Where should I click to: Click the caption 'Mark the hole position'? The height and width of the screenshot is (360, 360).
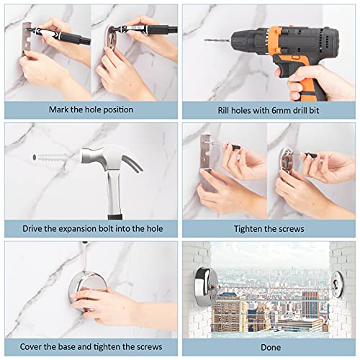pyautogui.click(x=91, y=110)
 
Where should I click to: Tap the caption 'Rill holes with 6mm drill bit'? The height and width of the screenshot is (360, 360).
pyautogui.click(x=269, y=110)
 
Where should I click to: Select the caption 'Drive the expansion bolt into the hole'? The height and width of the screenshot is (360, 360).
pyautogui.click(x=91, y=229)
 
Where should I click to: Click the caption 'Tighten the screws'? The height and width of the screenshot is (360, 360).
pyautogui.click(x=269, y=229)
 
